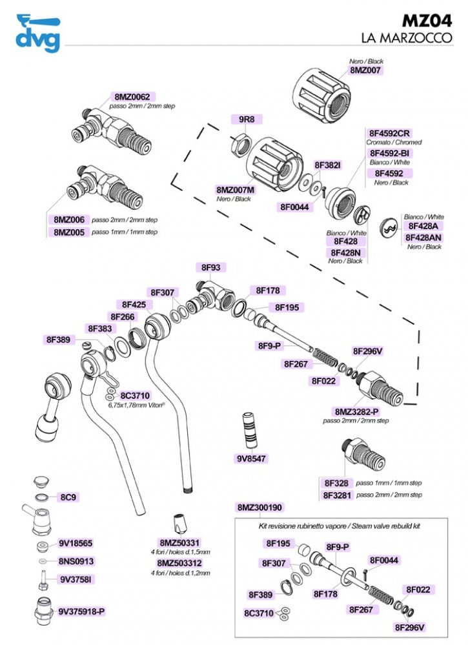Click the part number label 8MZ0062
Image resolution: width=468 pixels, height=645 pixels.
coord(132,96)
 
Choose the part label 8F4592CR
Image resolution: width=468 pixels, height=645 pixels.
coord(390,133)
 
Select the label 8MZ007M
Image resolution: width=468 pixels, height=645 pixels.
coord(235,190)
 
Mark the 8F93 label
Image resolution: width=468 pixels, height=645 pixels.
coord(211,267)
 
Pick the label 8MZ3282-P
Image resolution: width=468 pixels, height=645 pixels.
coord(356,411)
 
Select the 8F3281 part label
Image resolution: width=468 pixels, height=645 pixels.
coord(336,495)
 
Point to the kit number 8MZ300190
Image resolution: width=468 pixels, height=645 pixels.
coord(260,507)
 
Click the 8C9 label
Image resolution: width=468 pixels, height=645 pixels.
coord(69,497)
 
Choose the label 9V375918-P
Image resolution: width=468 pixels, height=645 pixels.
coord(81,610)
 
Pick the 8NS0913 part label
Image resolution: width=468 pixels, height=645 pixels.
coord(76,562)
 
